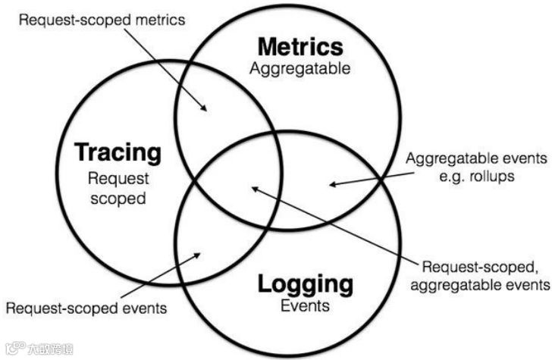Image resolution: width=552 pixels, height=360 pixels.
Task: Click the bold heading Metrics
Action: pyautogui.click(x=300, y=47)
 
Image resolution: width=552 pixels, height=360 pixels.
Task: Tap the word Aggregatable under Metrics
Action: pyautogui.click(x=300, y=69)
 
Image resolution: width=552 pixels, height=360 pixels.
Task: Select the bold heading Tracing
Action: pyautogui.click(x=118, y=153)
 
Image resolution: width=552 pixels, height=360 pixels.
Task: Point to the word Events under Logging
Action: pyautogui.click(x=305, y=306)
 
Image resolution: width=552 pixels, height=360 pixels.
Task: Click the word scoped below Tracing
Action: pyautogui.click(x=118, y=199)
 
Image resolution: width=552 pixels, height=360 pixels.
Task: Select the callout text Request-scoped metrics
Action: pyautogui.click(x=101, y=20)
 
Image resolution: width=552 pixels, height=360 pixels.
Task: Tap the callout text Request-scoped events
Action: pyautogui.click(x=86, y=308)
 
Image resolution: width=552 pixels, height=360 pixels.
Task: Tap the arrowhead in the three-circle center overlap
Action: pyautogui.click(x=255, y=186)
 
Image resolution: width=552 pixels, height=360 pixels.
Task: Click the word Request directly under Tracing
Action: pyautogui.click(x=118, y=180)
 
